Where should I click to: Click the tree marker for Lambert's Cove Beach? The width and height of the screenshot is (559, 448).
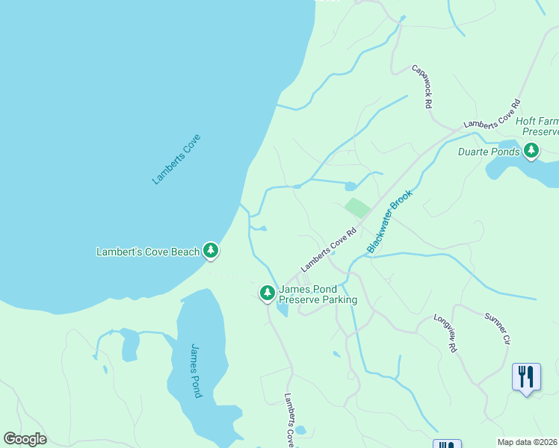211,250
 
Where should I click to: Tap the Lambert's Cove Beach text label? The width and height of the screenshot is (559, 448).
148,252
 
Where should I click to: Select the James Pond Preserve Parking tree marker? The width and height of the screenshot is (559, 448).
267,293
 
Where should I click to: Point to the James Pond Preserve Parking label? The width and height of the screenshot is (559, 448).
318,295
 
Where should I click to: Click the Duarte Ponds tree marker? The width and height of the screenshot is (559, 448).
531,151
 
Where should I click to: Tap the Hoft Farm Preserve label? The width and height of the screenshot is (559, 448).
537,125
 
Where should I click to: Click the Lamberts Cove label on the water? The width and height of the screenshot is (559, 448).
177,159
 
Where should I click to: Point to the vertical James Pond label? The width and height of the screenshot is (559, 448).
196,370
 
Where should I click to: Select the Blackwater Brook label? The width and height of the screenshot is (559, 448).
390,220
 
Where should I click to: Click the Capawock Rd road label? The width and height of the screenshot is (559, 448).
423,87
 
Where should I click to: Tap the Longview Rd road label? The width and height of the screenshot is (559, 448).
446,333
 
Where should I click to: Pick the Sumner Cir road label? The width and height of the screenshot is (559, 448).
497,329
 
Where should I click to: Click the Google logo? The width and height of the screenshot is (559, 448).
25,439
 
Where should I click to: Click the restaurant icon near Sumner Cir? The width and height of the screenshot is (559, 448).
527,377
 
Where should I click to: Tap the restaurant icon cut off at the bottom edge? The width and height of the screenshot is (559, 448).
447,444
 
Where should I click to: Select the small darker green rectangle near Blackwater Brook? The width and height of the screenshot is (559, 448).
357,208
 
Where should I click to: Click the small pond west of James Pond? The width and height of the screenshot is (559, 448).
130,345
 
